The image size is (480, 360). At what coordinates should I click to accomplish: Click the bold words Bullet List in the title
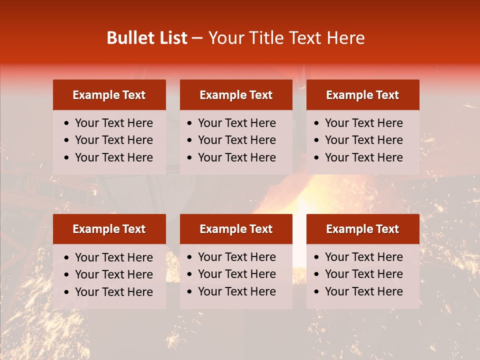click(x=147, y=38)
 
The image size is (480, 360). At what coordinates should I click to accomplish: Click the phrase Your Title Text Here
click(x=286, y=38)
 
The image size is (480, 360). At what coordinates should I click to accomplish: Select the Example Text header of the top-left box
click(x=109, y=95)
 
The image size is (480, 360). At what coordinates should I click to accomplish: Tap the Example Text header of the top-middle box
click(x=236, y=95)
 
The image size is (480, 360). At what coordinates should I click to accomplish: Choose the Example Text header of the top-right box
click(x=362, y=95)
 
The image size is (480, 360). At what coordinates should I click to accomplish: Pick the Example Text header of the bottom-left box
click(x=109, y=229)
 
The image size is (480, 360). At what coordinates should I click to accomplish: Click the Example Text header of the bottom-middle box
click(x=236, y=229)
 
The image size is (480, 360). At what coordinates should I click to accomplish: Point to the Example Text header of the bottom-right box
click(x=362, y=229)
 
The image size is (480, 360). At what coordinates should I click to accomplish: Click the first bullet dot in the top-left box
click(x=67, y=123)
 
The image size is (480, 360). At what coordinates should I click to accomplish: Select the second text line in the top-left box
click(x=114, y=140)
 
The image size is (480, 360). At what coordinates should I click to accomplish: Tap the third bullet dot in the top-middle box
click(x=190, y=158)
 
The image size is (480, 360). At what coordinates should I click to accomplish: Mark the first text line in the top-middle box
click(x=237, y=123)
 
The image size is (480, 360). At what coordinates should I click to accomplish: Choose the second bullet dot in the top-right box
click(x=317, y=140)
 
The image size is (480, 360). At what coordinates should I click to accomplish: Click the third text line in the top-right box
click(x=364, y=157)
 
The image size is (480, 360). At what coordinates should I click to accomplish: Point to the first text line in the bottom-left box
click(x=114, y=257)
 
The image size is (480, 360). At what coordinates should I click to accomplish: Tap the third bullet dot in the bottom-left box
click(x=67, y=292)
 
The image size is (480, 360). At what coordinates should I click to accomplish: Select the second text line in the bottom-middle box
click(x=237, y=274)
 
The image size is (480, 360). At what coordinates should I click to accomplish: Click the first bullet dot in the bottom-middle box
click(x=190, y=257)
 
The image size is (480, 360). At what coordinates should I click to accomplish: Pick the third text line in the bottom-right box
click(x=364, y=291)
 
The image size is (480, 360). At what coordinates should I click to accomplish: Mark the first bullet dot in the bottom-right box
click(x=317, y=257)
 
